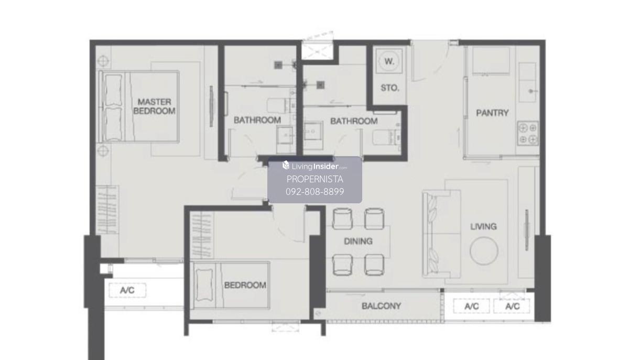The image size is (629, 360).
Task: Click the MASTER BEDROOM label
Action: point(154,106)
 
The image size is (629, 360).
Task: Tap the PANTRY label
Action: point(492,113)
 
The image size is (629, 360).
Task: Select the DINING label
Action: point(358,241)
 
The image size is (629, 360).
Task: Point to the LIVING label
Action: point(483,226)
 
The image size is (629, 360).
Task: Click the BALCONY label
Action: point(381,306)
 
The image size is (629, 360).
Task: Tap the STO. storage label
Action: point(390,88)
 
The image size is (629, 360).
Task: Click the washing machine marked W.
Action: point(389,61)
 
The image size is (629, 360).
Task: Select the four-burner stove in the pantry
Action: point(528,134)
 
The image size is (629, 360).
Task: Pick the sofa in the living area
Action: point(441,234)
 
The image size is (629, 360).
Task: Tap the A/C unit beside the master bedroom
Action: point(127,290)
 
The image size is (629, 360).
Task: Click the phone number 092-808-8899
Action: point(315,191)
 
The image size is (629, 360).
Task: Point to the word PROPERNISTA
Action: point(315,179)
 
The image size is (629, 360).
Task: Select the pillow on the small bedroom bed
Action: point(204,285)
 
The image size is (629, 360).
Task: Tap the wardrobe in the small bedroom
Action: point(202,235)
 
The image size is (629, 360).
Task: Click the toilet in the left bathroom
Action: point(281,105)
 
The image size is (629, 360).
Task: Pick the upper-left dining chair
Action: point(342,219)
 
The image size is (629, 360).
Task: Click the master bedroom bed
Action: point(139,106)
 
